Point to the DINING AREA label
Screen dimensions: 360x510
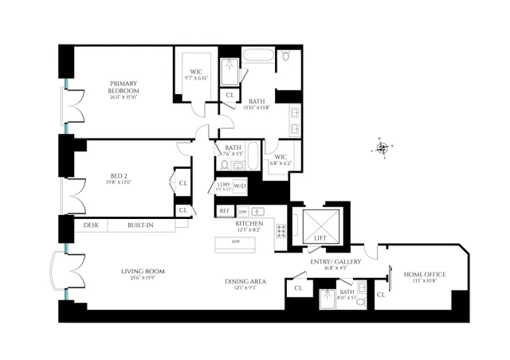point(245,281)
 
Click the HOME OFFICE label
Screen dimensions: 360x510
point(424,274)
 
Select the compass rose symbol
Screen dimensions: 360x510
point(383,147)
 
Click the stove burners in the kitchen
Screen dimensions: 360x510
point(281,231)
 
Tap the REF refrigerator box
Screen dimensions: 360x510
point(224,211)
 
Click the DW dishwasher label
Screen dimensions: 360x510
point(244,211)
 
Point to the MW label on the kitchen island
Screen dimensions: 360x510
point(237,241)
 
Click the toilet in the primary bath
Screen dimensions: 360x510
point(286,57)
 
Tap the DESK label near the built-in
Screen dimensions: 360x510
point(90,226)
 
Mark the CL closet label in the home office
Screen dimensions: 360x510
point(381,295)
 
